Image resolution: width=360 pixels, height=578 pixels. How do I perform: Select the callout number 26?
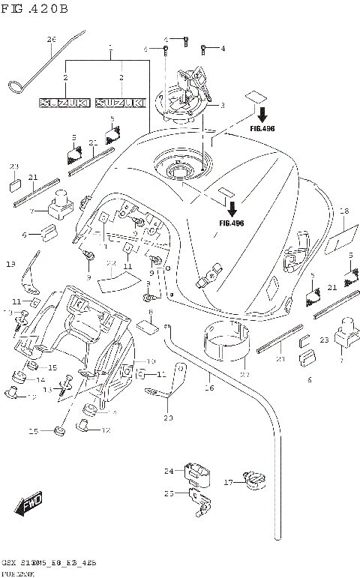(51, 39)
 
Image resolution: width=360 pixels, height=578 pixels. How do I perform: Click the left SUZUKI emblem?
(65, 103)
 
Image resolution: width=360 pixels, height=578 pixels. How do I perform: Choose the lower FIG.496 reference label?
(231, 223)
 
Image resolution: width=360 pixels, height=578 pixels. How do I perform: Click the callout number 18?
(345, 211)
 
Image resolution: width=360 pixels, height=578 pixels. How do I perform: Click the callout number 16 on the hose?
(210, 388)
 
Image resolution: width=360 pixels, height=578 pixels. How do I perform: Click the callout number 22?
(109, 263)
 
